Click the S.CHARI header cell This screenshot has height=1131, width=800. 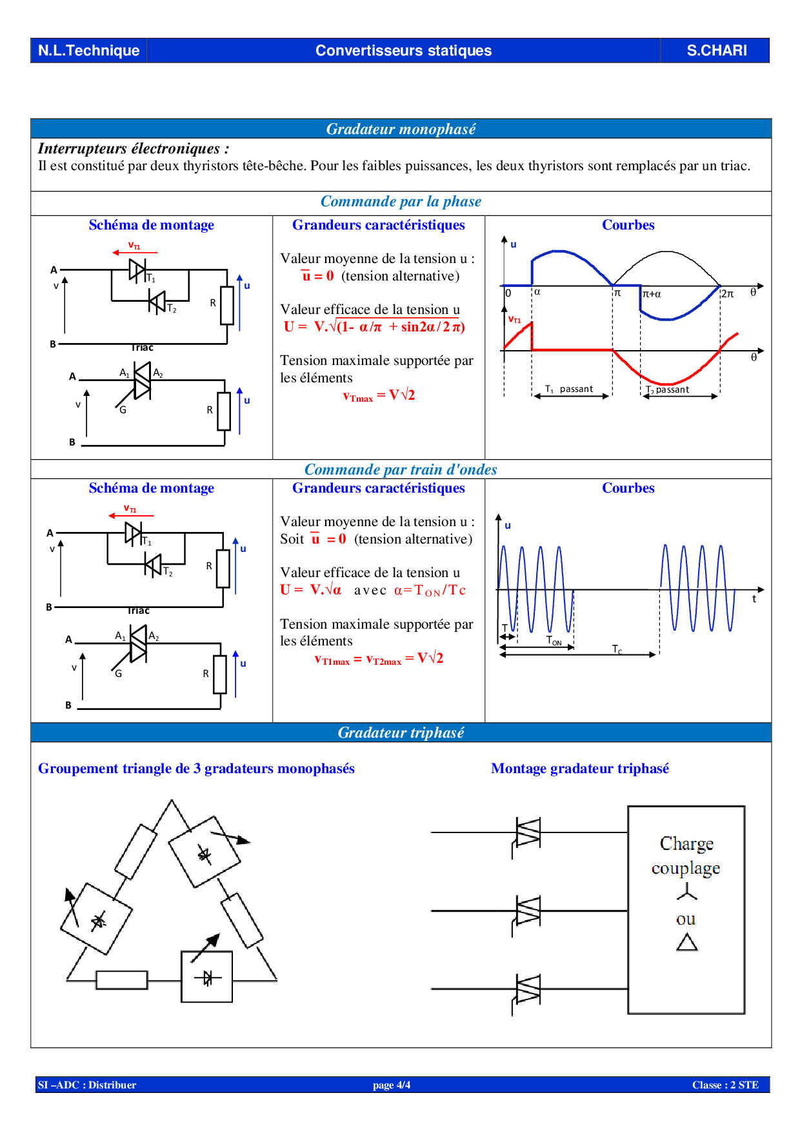(x=716, y=50)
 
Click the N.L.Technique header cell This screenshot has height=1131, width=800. (x=88, y=50)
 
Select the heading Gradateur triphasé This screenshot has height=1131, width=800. (x=401, y=733)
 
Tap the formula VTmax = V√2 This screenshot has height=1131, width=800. (x=379, y=395)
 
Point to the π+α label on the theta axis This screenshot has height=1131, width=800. (x=652, y=294)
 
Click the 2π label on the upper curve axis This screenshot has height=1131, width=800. (x=727, y=294)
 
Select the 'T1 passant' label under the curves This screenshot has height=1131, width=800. (x=568, y=389)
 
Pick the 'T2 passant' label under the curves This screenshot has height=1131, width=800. (x=668, y=389)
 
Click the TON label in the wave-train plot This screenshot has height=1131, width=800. (x=554, y=640)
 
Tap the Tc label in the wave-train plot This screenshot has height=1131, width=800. (x=617, y=649)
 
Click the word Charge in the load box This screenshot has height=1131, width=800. (x=686, y=843)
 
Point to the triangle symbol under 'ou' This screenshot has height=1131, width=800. (x=687, y=943)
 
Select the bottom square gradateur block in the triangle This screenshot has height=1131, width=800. (x=206, y=977)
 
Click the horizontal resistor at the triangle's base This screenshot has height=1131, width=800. (x=122, y=980)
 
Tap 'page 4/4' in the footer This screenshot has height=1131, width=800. (x=392, y=1085)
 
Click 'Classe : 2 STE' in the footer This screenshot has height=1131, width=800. (x=725, y=1085)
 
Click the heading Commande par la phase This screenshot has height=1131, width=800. (x=401, y=202)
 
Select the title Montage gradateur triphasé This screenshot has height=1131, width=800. (x=579, y=769)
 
